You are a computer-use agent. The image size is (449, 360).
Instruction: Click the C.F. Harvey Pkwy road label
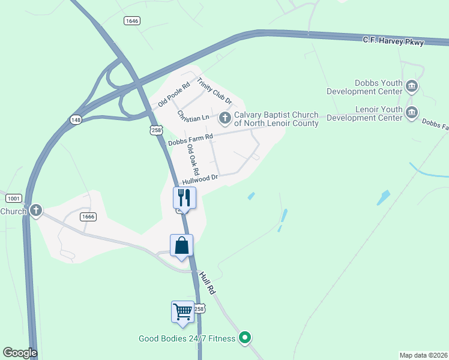(393, 41)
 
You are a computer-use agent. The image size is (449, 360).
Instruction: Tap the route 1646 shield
(132, 20)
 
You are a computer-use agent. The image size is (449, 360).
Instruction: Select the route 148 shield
(76, 119)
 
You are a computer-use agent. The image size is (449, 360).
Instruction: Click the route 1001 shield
(14, 198)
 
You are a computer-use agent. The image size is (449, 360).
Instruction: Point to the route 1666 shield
(89, 217)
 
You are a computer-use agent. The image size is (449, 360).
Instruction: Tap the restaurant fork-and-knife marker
(184, 198)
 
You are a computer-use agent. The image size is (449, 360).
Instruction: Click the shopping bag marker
(182, 245)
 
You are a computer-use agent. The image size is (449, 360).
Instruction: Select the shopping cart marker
(183, 312)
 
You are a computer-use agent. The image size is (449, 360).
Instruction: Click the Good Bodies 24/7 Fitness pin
(244, 338)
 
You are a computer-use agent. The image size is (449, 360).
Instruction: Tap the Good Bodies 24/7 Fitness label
(187, 339)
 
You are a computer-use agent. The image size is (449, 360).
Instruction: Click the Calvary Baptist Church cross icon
(225, 118)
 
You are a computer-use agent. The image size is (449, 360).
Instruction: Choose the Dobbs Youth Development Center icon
(412, 86)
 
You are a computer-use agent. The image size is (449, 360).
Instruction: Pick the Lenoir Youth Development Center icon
(412, 113)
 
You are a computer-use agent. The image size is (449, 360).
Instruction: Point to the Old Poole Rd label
(174, 94)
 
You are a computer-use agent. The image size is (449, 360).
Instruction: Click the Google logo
(20, 353)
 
